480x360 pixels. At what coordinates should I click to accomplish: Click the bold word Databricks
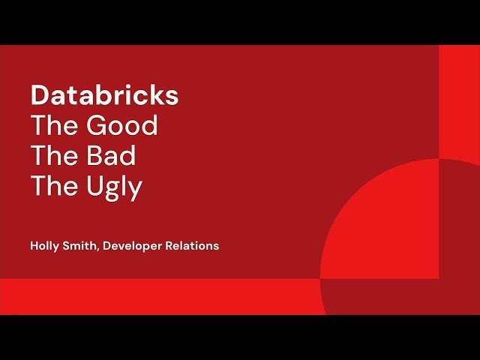point(104,96)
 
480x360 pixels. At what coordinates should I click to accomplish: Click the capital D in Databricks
point(39,96)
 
